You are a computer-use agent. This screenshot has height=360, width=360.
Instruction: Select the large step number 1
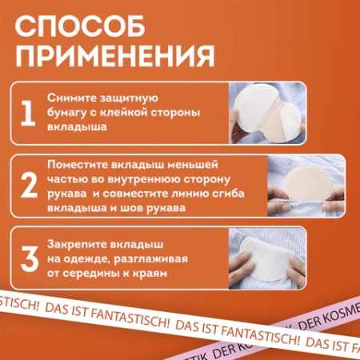point(28,114)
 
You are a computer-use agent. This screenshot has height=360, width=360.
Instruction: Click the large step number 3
point(29,257)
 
